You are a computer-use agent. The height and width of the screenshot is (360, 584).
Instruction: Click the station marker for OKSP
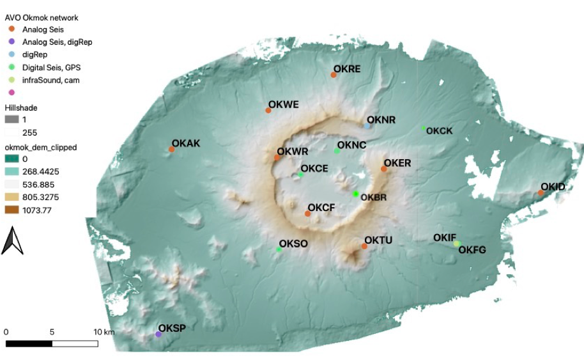158,334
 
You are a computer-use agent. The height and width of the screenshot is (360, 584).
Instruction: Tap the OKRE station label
347,68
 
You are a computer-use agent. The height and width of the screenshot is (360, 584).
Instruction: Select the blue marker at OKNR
367,126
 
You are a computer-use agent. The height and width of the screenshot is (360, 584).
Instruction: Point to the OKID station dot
541,192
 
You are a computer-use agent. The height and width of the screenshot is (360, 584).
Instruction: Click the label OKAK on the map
186,143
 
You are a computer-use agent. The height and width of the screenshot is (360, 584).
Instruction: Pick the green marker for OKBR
356,194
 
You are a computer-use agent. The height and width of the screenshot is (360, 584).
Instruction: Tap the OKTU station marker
364,246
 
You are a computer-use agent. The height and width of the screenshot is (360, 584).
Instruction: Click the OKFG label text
472,250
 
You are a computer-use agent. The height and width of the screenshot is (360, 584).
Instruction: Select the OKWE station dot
268,111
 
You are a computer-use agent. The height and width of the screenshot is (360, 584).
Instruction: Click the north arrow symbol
12,241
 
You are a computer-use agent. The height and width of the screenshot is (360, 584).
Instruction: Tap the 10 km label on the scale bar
104,332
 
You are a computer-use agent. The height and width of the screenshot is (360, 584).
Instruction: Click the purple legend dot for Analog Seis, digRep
12,42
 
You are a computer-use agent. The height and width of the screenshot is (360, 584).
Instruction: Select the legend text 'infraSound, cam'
50,80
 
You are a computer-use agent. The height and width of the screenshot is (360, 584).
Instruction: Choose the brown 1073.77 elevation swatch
12,210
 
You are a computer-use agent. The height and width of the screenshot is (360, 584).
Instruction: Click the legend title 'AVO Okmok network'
42,18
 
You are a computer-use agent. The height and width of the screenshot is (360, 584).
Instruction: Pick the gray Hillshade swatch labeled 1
12,120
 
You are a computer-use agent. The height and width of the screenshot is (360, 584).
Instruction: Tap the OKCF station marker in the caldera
307,214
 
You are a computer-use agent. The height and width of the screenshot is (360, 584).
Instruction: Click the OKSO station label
294,244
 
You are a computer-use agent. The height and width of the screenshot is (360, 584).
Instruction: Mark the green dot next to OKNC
337,151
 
